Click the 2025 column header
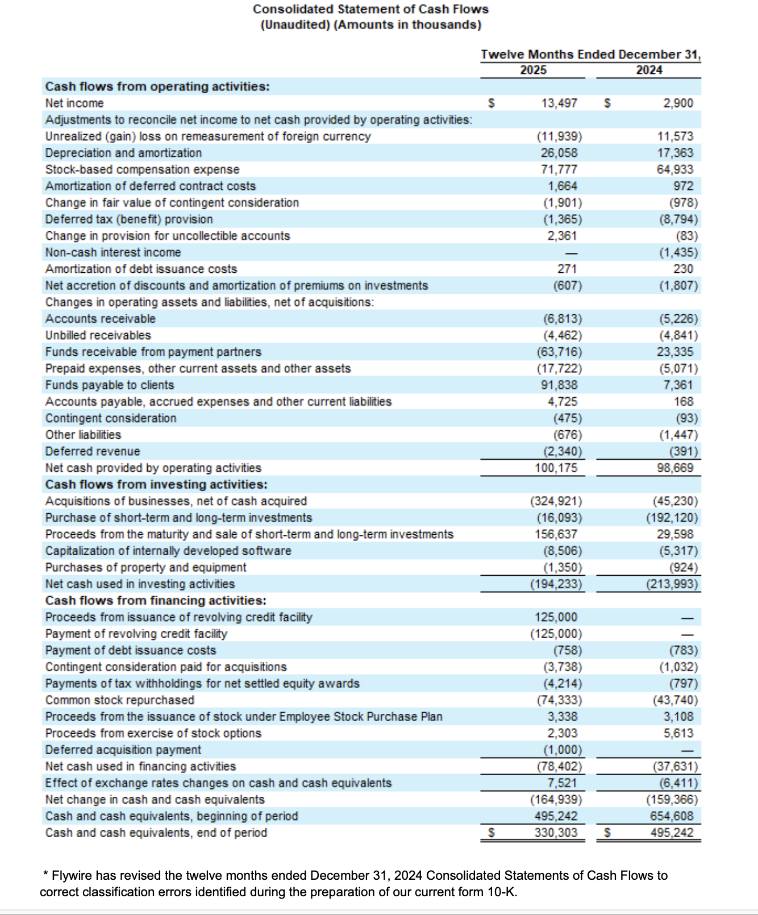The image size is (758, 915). tap(533, 70)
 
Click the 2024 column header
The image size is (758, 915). tap(649, 70)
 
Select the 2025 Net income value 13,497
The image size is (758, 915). tap(559, 103)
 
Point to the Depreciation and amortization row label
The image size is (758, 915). tap(123, 153)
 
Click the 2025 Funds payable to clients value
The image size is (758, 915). tap(559, 385)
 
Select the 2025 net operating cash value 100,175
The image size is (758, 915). tap(556, 468)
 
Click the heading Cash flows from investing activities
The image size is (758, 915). tap(156, 484)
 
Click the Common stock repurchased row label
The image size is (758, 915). tap(120, 700)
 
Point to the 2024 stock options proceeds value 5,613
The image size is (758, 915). tap(678, 733)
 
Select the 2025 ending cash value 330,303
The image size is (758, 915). tap(556, 833)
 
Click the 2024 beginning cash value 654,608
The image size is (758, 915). tap(672, 816)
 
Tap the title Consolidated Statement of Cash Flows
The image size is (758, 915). tap(370, 9)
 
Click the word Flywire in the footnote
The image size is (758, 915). tap(75, 875)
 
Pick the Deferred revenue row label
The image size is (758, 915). tap(93, 451)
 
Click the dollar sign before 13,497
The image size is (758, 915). tap(492, 103)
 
